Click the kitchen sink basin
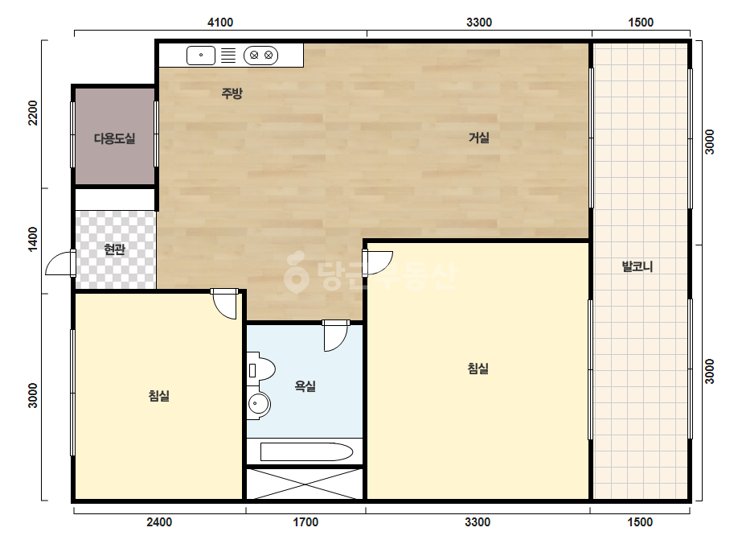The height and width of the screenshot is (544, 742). point(201,56)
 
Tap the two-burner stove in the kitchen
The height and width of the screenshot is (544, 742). point(260,56)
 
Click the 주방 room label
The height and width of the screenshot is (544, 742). point(232,93)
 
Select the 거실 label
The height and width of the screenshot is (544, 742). point(478,138)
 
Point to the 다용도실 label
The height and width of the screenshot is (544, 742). point(114,138)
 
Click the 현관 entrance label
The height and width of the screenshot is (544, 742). point(114,249)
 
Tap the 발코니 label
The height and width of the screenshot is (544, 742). point(637,266)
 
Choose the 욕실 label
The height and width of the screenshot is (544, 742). point(305,386)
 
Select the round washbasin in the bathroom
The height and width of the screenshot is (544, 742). point(258,405)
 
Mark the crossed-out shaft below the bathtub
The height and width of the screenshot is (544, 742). point(305,484)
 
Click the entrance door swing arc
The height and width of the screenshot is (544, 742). point(59,263)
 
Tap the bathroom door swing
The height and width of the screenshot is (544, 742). point(336,336)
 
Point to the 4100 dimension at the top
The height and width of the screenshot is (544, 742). point(220,23)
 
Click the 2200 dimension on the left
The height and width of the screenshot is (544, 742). point(33,113)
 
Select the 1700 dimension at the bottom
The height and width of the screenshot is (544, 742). point(305,522)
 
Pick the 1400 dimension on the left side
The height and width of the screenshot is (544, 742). point(33,239)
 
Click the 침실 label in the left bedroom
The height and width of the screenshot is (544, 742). point(159,396)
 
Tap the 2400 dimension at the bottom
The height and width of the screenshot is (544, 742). point(159,522)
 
